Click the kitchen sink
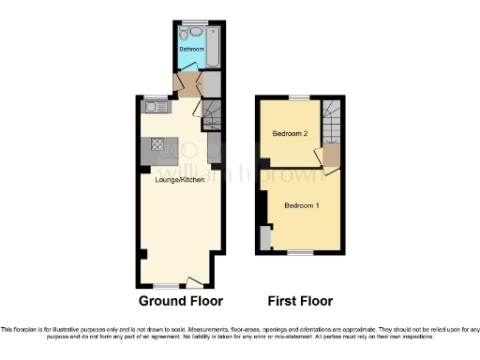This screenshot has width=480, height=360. click(x=155, y=108)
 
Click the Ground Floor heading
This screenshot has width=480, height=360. click(x=180, y=302)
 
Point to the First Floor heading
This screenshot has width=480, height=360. click(x=300, y=302)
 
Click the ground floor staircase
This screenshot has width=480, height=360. click(x=212, y=117)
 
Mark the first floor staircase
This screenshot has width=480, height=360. click(x=333, y=120)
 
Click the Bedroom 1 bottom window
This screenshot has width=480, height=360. click(x=299, y=252)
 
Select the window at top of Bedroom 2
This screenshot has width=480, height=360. click(x=299, y=97)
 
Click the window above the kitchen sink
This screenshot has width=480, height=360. click(x=153, y=97)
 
